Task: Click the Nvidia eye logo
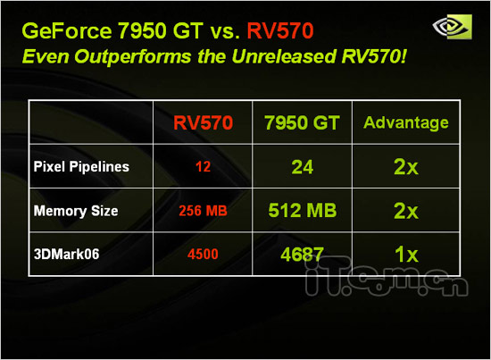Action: point(453,27)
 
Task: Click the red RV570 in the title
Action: point(280,30)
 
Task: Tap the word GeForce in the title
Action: point(67,30)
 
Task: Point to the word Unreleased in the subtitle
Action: point(283,56)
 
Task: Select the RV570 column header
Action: point(203,122)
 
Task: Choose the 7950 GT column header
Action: point(302,122)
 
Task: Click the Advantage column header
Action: point(406,122)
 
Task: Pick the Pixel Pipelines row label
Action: point(81,166)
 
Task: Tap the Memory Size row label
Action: point(76,211)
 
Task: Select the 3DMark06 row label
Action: point(66,254)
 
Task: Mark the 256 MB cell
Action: point(203,211)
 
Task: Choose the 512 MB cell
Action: point(302,210)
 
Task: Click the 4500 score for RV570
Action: point(203,254)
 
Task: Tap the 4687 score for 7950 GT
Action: point(302,254)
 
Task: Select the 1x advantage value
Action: point(406,254)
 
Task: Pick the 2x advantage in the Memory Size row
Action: point(406,211)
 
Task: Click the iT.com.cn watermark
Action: point(387,277)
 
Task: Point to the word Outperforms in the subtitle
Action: point(133,57)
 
